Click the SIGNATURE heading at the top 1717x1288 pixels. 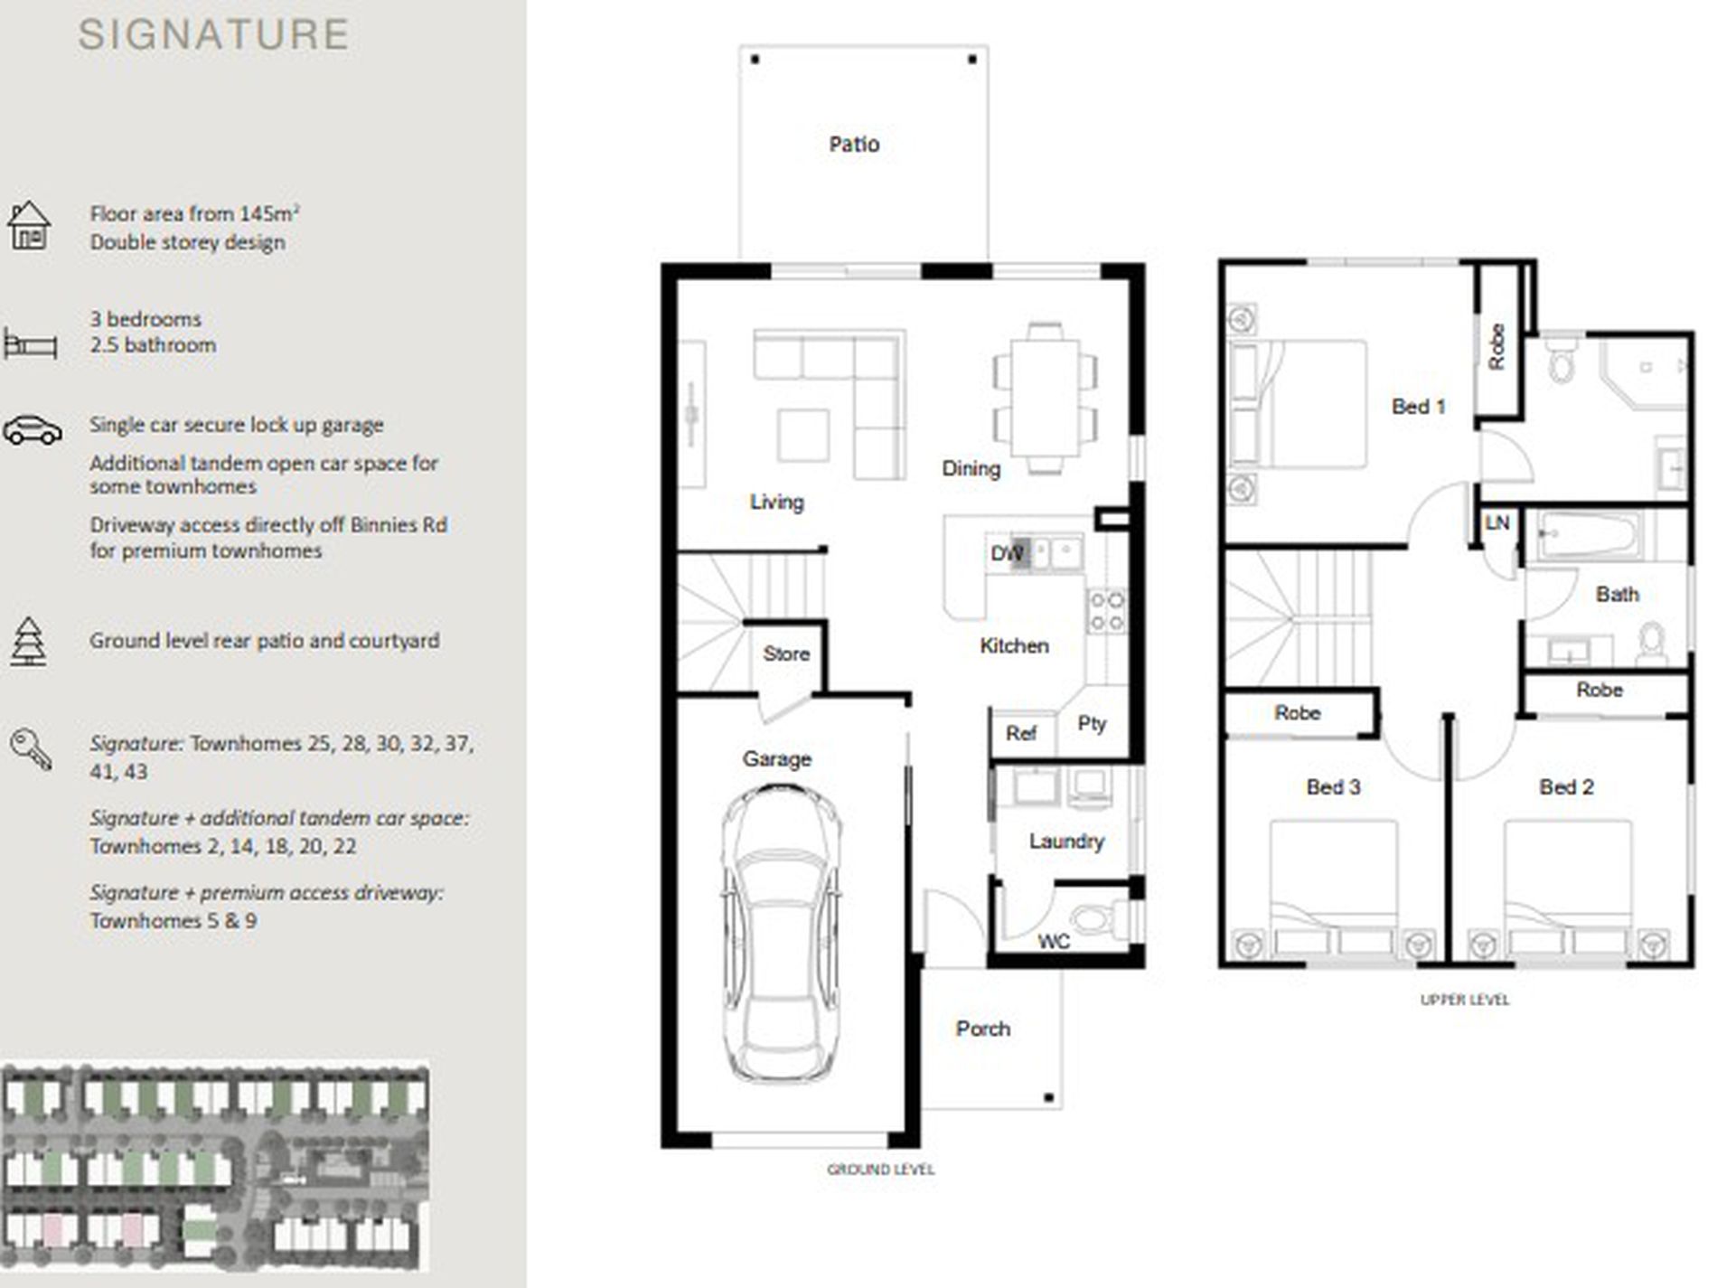213,34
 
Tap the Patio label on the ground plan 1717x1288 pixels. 854,144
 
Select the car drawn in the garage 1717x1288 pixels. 781,934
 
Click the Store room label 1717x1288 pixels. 786,653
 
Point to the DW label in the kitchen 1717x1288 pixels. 1006,553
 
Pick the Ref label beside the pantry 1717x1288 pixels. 1021,733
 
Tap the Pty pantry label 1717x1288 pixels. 1092,724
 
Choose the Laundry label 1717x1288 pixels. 1066,841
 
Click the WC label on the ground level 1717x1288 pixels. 1054,941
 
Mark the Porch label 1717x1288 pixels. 983,1029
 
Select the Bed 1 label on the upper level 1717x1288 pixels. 1418,407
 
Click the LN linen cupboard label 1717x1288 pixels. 1497,522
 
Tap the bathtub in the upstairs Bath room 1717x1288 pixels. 1587,534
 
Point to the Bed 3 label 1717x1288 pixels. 1333,787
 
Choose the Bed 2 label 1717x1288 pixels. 1566,787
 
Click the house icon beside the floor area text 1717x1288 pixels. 29,225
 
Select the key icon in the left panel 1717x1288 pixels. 31,749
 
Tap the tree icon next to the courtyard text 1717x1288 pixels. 28,642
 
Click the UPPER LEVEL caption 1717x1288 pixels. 1465,1000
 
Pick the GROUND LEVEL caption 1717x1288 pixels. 881,1170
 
